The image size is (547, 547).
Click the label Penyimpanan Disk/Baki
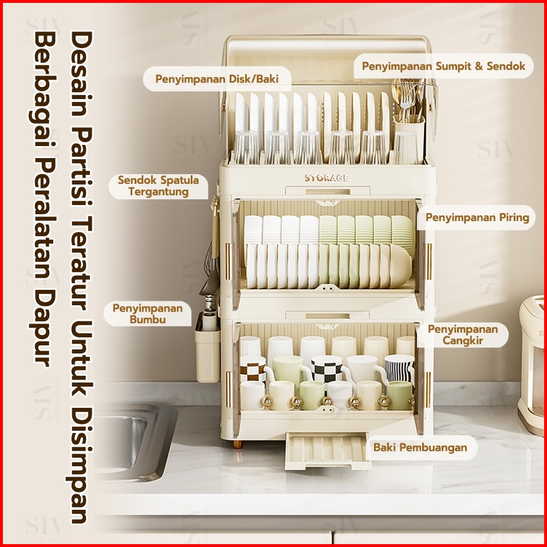pos(217,79)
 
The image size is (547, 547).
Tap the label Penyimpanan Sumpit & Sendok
pos(443,66)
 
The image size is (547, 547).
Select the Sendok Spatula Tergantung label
pos(159,186)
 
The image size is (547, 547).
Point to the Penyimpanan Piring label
pos(477,218)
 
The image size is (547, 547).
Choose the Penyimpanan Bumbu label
pos(148,314)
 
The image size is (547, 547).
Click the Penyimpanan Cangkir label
pos(463,335)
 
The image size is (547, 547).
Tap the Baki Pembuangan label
pos(420,447)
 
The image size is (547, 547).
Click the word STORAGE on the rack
pos(326,178)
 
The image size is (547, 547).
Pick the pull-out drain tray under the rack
pos(327,451)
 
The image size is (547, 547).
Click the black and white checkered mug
pos(326,369)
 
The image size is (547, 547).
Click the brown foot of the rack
pos(238,444)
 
